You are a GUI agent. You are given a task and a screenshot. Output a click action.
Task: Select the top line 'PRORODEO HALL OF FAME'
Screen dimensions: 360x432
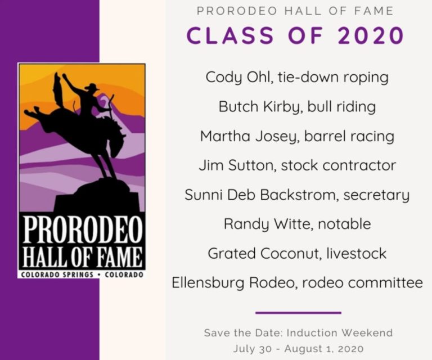295,11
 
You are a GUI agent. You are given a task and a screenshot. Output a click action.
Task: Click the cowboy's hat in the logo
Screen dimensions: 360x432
92,87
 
